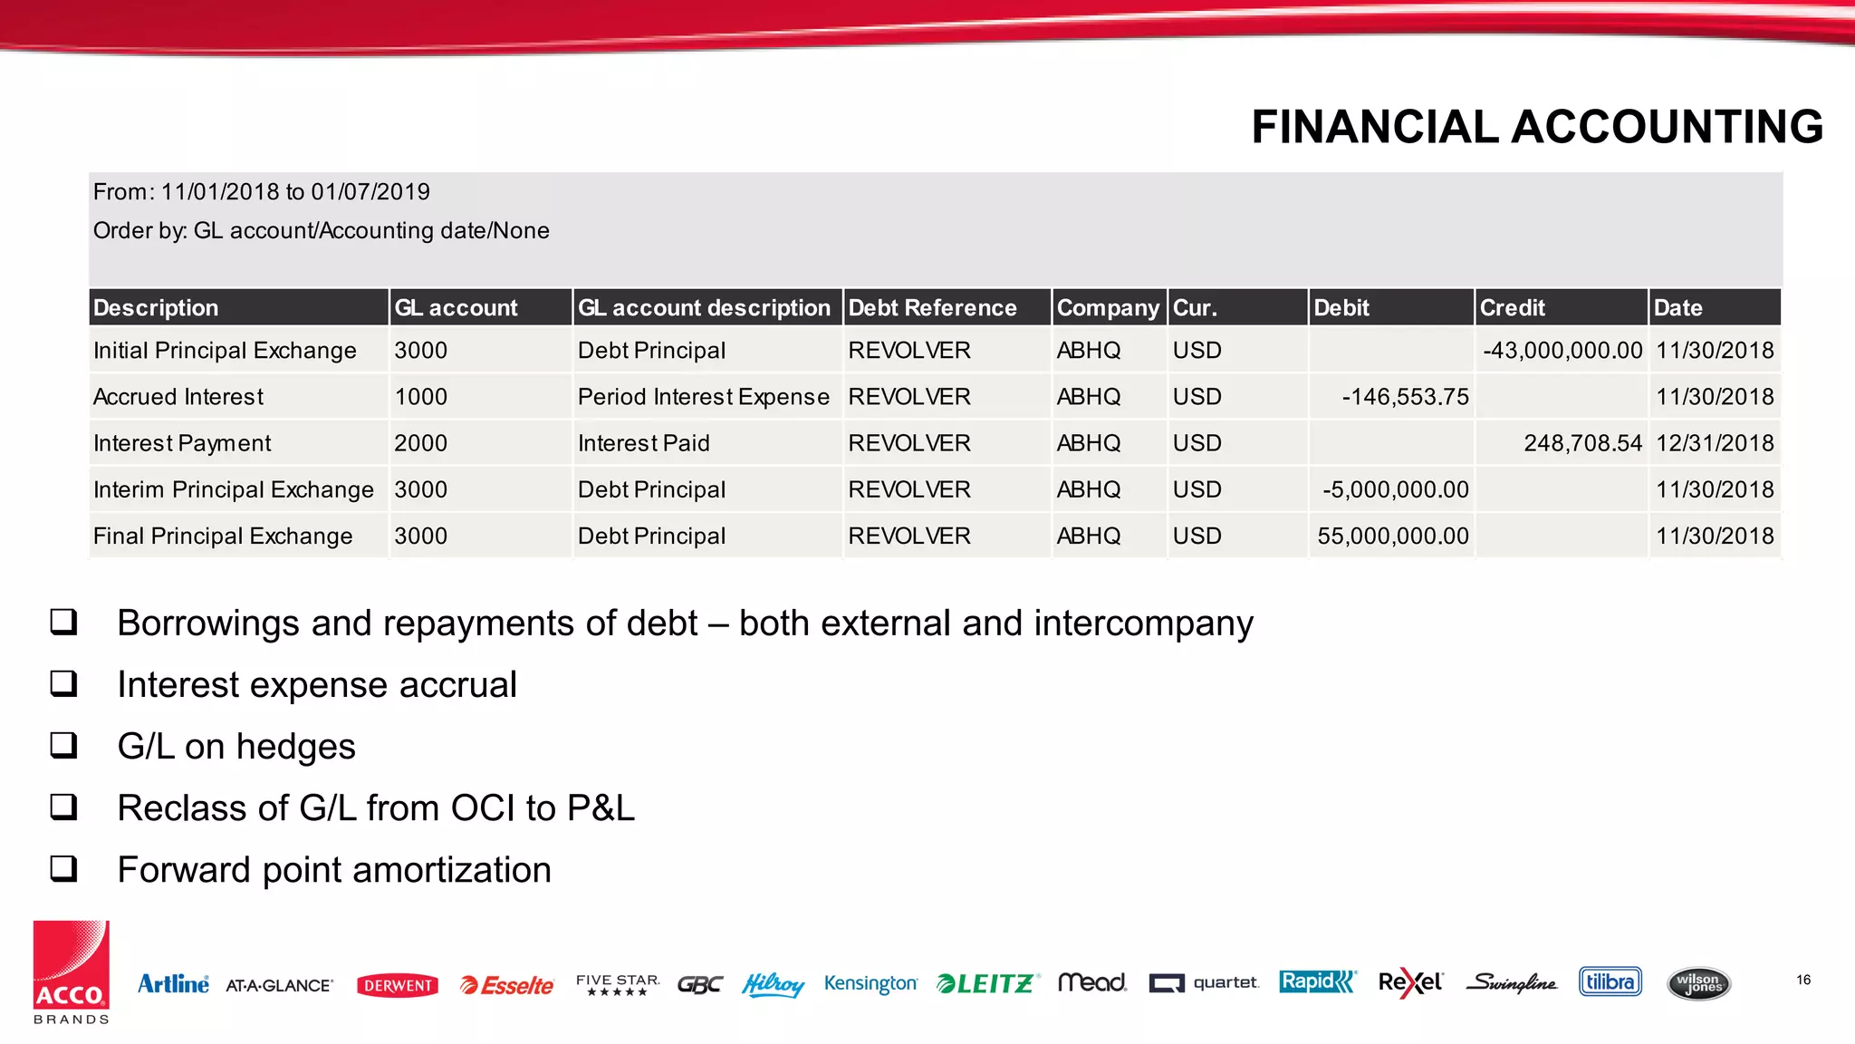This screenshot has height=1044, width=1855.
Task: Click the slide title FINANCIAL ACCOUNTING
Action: tap(1536, 127)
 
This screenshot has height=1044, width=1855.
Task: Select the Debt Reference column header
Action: tap(932, 308)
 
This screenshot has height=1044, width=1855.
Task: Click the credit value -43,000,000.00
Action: tap(1562, 351)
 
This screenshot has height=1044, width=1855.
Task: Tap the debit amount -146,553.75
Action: tap(1405, 397)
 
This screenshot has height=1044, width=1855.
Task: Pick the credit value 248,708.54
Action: tap(1582, 443)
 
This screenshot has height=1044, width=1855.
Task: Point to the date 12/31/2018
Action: tap(1714, 443)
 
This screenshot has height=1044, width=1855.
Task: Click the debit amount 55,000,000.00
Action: tap(1392, 536)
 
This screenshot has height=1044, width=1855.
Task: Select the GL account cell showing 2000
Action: tap(420, 443)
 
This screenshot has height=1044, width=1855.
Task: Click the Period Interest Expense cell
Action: tap(703, 397)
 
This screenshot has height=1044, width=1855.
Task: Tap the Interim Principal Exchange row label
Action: tap(233, 490)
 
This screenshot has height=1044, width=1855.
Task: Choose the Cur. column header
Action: tap(1195, 308)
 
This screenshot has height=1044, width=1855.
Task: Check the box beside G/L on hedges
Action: tap(63, 745)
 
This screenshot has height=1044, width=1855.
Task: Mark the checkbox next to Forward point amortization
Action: tap(63, 868)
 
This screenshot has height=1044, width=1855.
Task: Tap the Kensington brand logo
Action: tap(870, 983)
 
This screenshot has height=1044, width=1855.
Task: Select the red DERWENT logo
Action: tap(398, 985)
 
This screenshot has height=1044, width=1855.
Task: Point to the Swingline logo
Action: tap(1511, 983)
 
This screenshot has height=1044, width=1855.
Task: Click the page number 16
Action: tap(1802, 980)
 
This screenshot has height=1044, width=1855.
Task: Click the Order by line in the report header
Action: tap(321, 231)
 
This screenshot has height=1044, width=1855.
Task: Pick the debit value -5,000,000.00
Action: tap(1395, 490)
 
